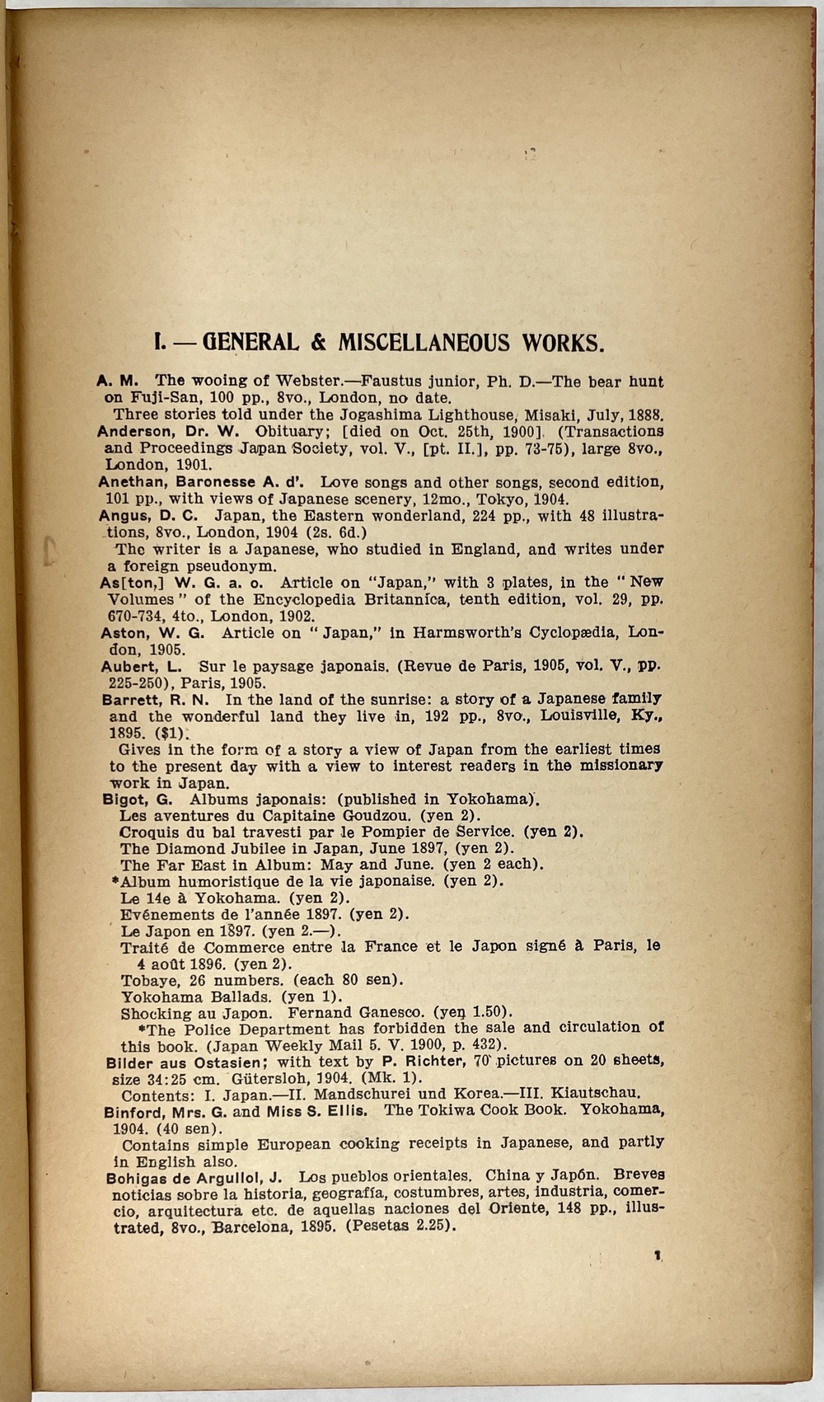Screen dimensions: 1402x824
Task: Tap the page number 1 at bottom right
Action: [657, 1255]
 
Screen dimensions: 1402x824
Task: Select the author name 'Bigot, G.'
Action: [137, 799]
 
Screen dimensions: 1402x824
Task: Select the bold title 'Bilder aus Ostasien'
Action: [183, 1062]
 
